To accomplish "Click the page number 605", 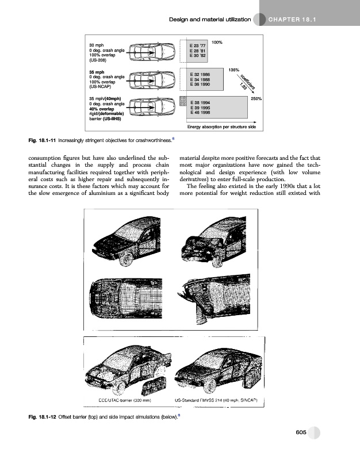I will click(x=297, y=432).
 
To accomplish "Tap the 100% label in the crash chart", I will click(x=217, y=43).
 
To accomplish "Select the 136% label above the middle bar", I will click(x=233, y=70).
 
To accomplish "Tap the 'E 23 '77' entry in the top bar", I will click(x=197, y=45).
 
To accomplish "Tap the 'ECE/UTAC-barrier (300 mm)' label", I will click(x=128, y=400).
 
